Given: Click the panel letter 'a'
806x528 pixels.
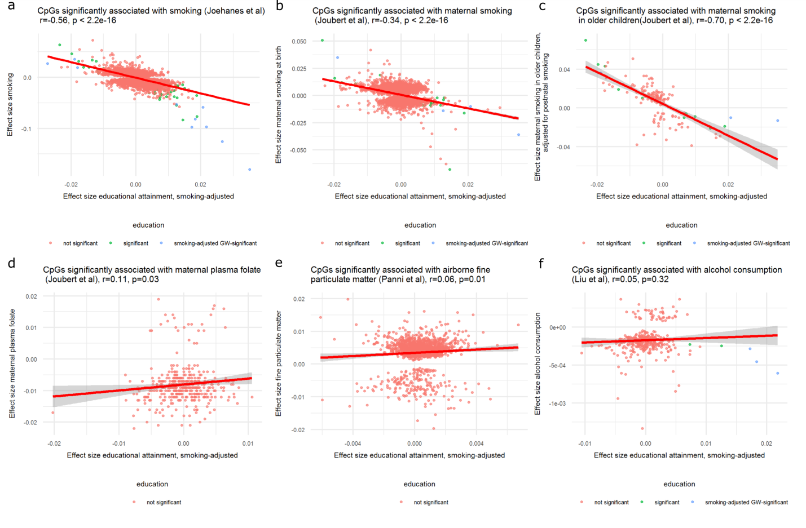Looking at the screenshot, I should point(11,6).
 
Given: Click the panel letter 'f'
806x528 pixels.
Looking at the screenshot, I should point(541,264).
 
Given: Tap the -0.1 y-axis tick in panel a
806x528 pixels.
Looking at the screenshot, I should point(27,129).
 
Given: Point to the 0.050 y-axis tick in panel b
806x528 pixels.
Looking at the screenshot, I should point(299,42).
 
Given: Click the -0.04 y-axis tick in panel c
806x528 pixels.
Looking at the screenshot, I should point(563,147).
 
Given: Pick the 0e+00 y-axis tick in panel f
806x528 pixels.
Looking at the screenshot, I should point(557,327).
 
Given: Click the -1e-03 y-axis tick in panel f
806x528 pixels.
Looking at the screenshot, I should point(557,403).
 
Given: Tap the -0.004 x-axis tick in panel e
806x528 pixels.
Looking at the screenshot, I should point(353,443).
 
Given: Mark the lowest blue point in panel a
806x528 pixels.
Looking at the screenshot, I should point(250,169).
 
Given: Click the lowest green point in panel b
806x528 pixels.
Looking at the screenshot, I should point(450,169).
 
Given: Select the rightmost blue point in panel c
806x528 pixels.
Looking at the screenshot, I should point(778,121).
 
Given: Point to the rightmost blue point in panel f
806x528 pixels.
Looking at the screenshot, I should point(778,373).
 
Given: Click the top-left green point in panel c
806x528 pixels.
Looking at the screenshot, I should point(585,41).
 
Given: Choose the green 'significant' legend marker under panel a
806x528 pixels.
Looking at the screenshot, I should point(111,243).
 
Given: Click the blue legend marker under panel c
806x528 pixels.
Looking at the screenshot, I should point(694,243).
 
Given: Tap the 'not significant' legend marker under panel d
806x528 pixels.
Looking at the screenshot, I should point(134,502).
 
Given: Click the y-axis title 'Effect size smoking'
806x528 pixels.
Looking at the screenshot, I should point(10,104).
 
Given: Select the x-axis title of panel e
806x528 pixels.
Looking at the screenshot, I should point(419,455).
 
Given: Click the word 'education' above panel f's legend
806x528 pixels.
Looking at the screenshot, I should point(679,484).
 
